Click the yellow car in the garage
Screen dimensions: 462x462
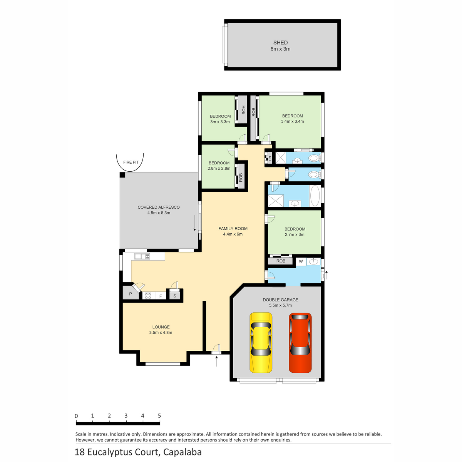coord(261,342)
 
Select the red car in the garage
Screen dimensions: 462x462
coord(300,342)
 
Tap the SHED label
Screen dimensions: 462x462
coord(280,43)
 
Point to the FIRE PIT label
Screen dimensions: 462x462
coord(131,162)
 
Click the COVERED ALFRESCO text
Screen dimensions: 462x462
coord(159,207)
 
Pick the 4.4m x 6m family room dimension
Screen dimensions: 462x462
coord(233,234)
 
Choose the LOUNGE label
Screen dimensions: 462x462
coord(161,327)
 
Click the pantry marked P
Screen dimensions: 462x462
coord(131,294)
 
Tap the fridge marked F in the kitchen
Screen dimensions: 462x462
coord(161,296)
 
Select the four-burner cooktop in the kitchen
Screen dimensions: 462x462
coord(148,296)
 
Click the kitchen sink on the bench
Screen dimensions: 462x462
coord(142,256)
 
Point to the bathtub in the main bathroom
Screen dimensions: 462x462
coord(315,196)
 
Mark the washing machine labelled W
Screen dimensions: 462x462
coord(301,261)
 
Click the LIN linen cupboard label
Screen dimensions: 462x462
coord(270,159)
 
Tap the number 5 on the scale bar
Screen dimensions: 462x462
coord(159,416)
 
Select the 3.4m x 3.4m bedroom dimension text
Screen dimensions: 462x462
coord(292,122)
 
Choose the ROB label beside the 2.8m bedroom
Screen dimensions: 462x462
coord(241,177)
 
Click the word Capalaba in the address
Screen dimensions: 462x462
coord(182,452)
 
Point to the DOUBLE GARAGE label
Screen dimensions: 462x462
coord(280,300)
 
